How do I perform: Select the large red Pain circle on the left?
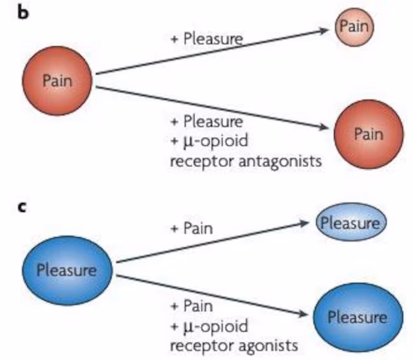click(57, 81)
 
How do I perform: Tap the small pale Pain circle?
click(355, 27)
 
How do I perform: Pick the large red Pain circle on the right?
click(369, 135)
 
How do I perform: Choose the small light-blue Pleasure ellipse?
click(351, 224)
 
